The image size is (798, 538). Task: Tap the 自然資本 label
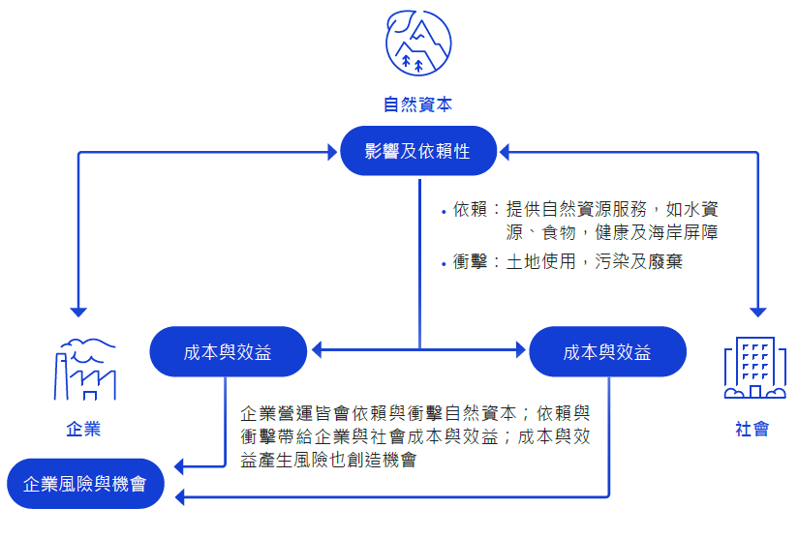417,105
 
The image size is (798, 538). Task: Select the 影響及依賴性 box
418,151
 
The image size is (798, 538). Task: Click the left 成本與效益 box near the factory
228,352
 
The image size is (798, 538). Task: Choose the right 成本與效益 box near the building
607,352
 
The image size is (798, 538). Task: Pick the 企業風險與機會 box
84,483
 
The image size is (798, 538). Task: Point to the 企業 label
83,430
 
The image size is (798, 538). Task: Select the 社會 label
752,430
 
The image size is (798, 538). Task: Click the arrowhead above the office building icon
756,312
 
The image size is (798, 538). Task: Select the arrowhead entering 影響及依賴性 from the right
506,152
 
